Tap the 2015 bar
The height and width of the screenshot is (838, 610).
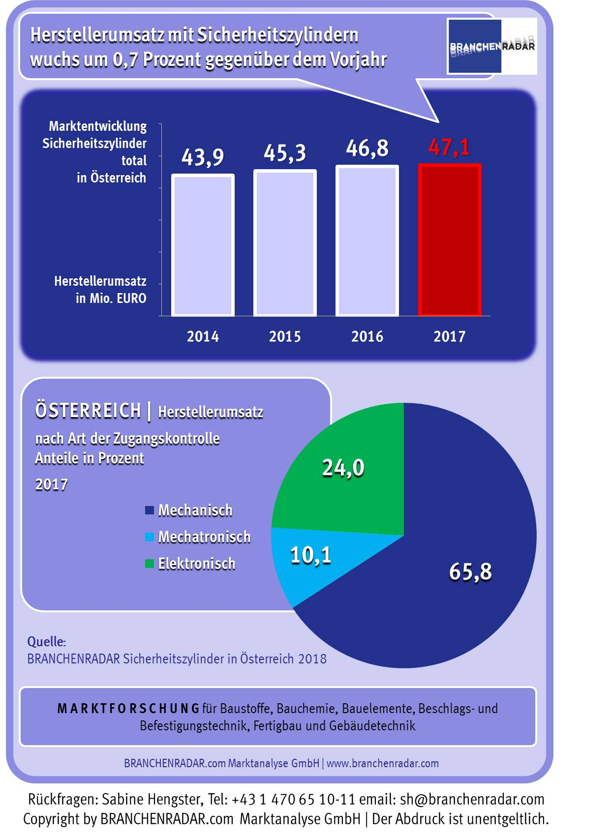285,243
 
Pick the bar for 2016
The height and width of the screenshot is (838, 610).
367,240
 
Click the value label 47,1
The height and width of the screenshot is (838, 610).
449,147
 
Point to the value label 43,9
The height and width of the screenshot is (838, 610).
203,157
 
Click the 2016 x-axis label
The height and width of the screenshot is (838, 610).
367,336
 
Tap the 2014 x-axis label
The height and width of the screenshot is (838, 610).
203,336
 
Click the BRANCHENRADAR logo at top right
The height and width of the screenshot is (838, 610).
492,47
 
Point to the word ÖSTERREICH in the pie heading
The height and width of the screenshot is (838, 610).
88,411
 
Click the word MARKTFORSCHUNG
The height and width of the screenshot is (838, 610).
128,709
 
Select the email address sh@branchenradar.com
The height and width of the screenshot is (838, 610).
472,799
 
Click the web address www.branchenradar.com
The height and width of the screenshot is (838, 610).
383,763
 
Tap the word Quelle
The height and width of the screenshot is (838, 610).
46,642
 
